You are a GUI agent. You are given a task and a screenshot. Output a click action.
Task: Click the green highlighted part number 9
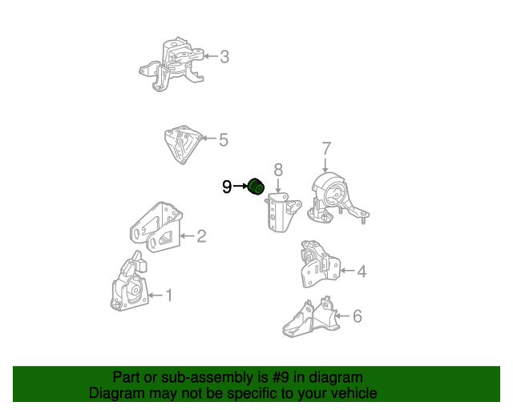256,187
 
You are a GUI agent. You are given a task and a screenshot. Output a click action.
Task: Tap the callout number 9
227,187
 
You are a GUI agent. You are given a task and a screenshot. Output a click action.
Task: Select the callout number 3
224,57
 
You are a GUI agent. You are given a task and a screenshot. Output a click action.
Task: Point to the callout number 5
224,139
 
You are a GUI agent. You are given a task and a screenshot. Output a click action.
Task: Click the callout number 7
326,148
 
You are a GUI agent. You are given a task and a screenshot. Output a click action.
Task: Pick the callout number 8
278,170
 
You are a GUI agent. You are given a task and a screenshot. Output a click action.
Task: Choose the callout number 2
201,236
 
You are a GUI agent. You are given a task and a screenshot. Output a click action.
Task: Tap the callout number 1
169,295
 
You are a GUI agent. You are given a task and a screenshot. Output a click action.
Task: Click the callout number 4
362,271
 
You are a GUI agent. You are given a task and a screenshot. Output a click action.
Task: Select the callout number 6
357,316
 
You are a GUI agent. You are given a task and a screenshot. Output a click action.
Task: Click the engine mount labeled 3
172,64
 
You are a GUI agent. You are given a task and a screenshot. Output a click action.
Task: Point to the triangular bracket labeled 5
183,144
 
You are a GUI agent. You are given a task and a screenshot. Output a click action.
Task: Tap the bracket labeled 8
282,212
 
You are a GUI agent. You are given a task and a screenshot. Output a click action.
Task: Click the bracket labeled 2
156,227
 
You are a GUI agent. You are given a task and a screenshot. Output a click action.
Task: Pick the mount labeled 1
129,283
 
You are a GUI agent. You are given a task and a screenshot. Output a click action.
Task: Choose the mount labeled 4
320,264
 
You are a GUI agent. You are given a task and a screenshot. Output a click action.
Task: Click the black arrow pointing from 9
240,186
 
